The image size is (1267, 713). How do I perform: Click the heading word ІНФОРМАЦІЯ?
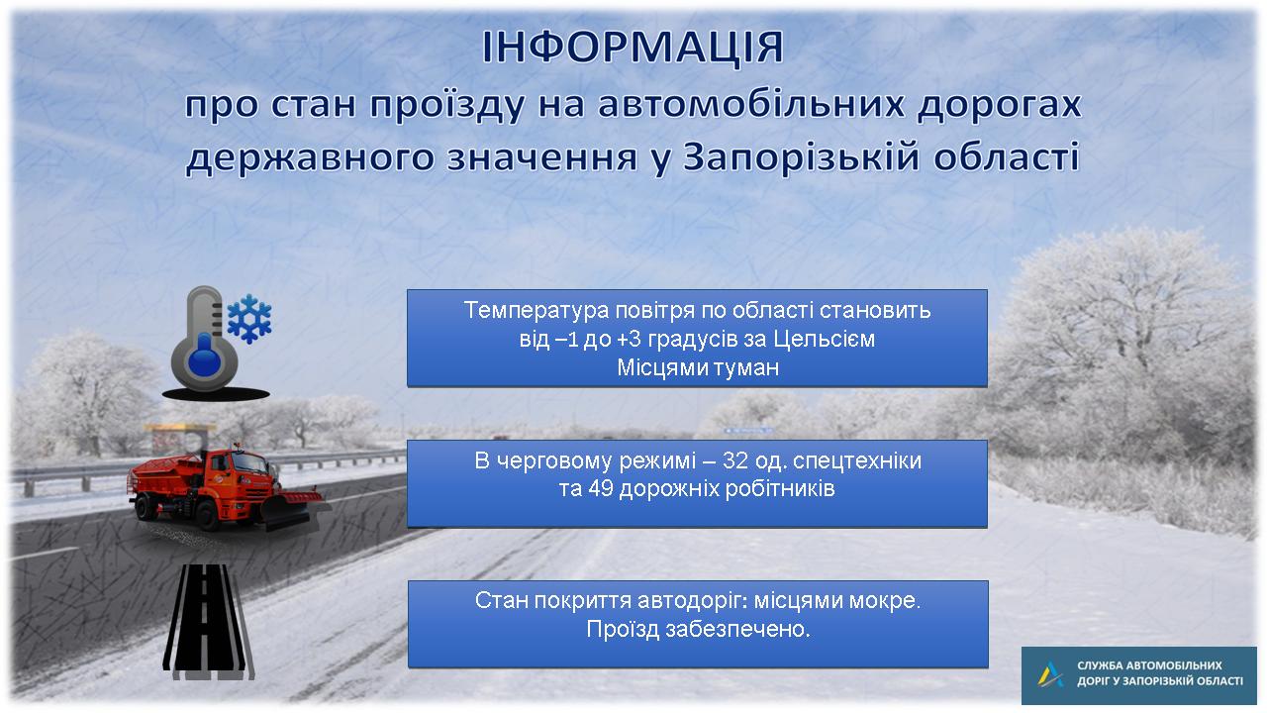pyautogui.click(x=633, y=48)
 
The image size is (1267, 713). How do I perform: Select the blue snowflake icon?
pyautogui.click(x=249, y=319)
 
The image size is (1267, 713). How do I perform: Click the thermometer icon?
pyautogui.click(x=205, y=339)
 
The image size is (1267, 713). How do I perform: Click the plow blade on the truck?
pyautogui.click(x=292, y=509)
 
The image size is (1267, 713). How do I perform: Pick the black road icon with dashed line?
pyautogui.click(x=208, y=621)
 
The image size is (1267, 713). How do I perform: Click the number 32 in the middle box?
pyautogui.click(x=735, y=461)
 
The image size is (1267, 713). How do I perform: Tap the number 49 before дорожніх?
pyautogui.click(x=600, y=488)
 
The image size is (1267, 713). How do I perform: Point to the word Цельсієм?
pyautogui.click(x=825, y=339)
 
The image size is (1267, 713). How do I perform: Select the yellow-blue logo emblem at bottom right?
pyautogui.click(x=1050, y=674)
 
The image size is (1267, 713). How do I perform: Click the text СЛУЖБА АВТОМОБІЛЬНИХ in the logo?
pyautogui.click(x=1149, y=665)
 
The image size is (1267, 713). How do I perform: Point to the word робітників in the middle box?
pyautogui.click(x=780, y=488)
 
